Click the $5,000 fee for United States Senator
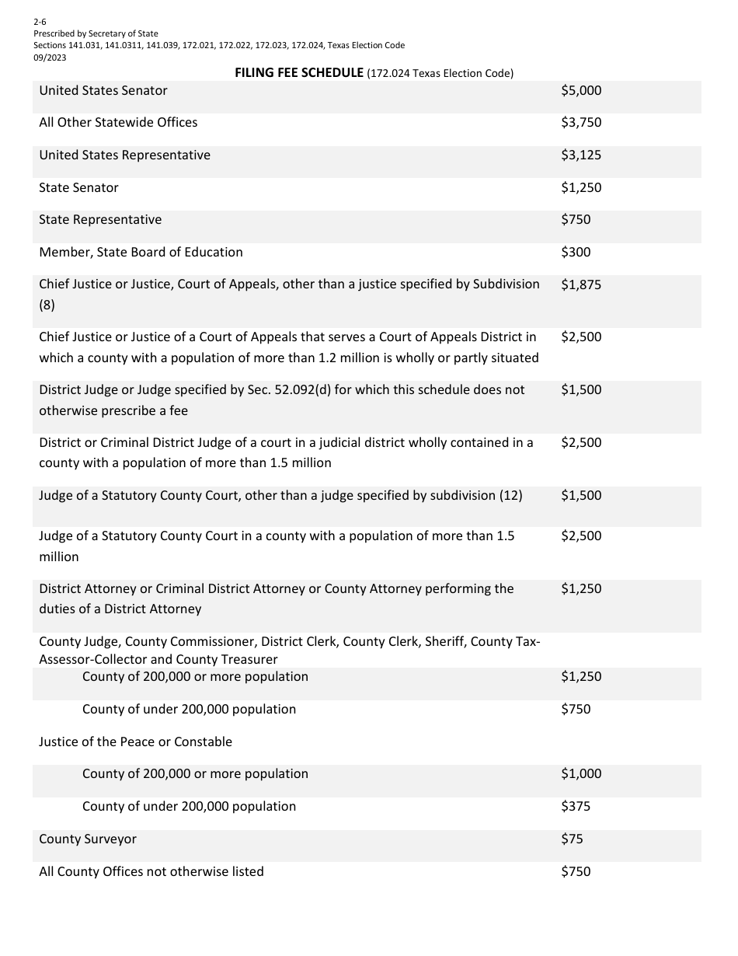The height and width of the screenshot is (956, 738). [x=581, y=90]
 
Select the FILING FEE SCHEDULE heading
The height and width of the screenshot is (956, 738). [x=299, y=73]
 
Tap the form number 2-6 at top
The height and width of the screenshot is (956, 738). [x=40, y=23]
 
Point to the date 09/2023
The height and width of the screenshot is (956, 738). [x=50, y=57]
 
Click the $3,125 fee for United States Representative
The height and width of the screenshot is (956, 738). [x=581, y=155]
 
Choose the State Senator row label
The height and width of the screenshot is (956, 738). [x=78, y=187]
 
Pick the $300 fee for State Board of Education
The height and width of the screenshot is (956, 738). [x=576, y=252]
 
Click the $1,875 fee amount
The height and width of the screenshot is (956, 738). [x=581, y=284]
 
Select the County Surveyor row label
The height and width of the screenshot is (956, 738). [x=88, y=839]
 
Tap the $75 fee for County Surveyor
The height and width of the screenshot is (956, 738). [x=572, y=839]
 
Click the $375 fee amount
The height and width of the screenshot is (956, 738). [x=576, y=806]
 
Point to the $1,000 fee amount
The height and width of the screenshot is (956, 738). [x=581, y=773]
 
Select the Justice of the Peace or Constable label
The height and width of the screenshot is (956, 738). [x=135, y=741]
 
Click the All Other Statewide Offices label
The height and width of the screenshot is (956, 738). [x=118, y=122]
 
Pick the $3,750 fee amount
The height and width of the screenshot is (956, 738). [x=581, y=122]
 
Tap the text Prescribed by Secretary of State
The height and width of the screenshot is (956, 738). [x=96, y=33]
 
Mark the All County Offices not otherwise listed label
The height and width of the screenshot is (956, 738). [x=151, y=871]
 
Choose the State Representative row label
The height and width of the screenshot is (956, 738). [x=100, y=219]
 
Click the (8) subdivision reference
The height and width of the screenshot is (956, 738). [x=47, y=305]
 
